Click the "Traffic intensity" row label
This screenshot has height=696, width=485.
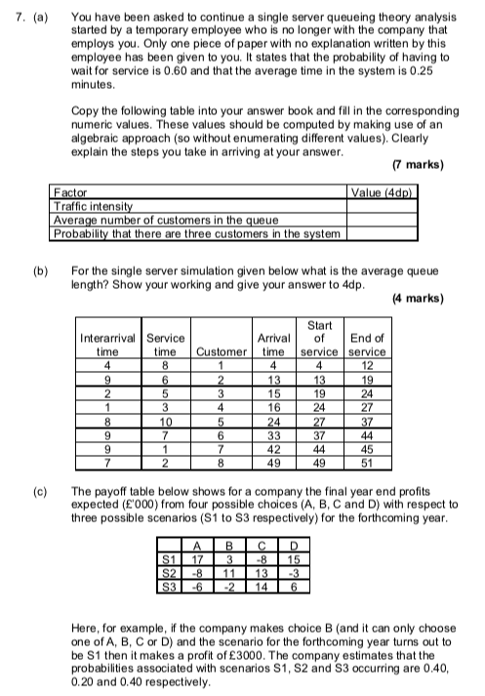[93, 208]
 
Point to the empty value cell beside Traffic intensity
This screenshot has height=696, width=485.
[383, 208]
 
